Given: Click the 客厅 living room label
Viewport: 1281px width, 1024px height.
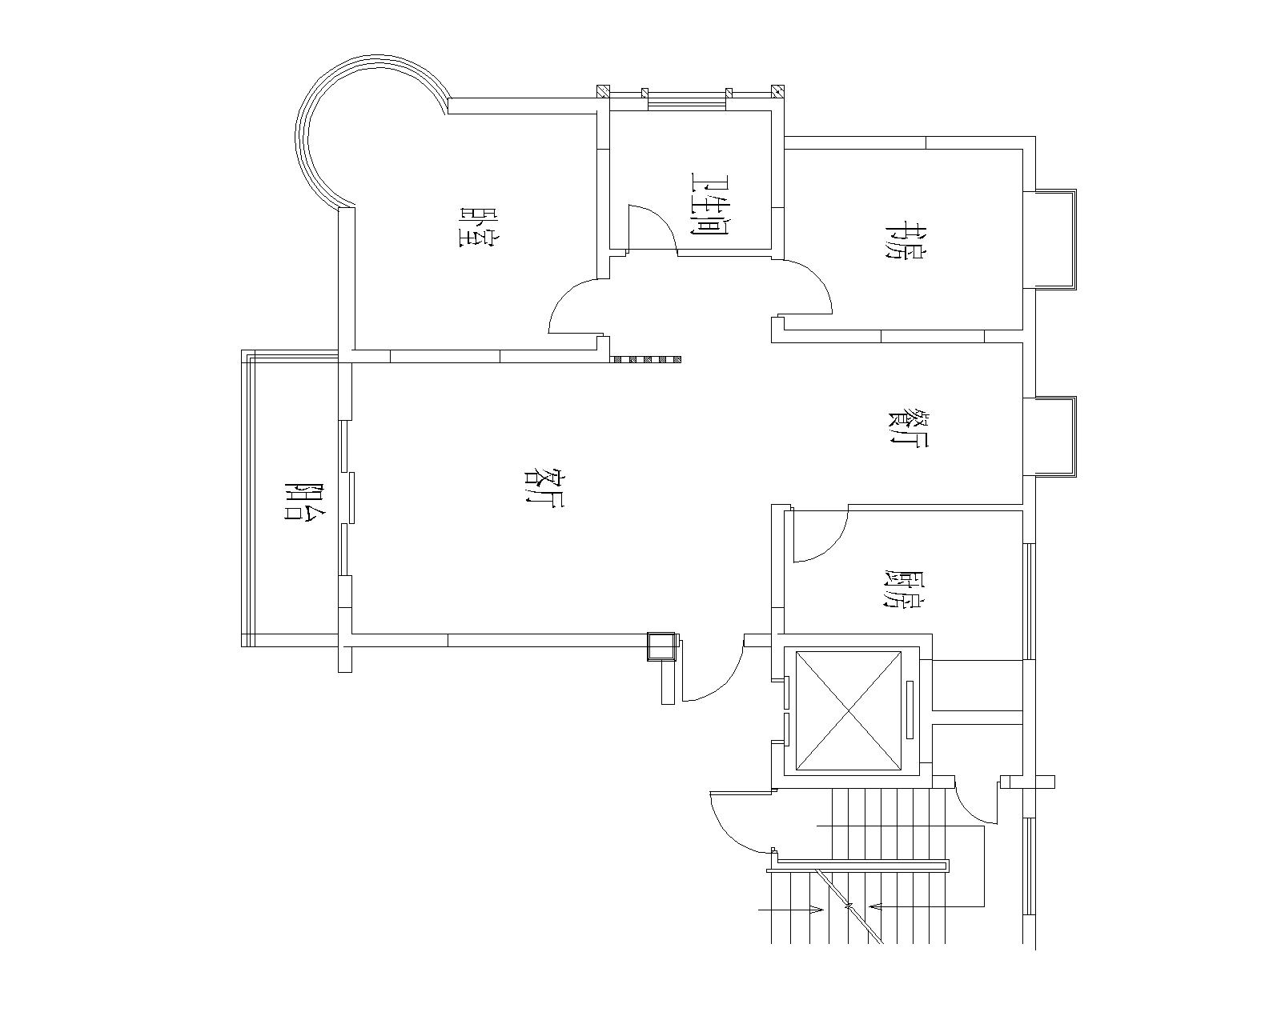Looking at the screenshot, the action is (544, 486).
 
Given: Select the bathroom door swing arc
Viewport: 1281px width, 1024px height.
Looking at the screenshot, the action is (658, 223).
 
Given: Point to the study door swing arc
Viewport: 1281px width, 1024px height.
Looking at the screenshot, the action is (817, 278).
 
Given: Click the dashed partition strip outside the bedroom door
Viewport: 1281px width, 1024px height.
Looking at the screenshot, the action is (647, 359).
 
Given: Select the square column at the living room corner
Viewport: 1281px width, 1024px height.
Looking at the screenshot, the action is (661, 646).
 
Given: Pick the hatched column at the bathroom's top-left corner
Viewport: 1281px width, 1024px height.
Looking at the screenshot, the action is (604, 92).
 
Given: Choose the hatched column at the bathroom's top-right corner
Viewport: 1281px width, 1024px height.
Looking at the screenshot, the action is (778, 92).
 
